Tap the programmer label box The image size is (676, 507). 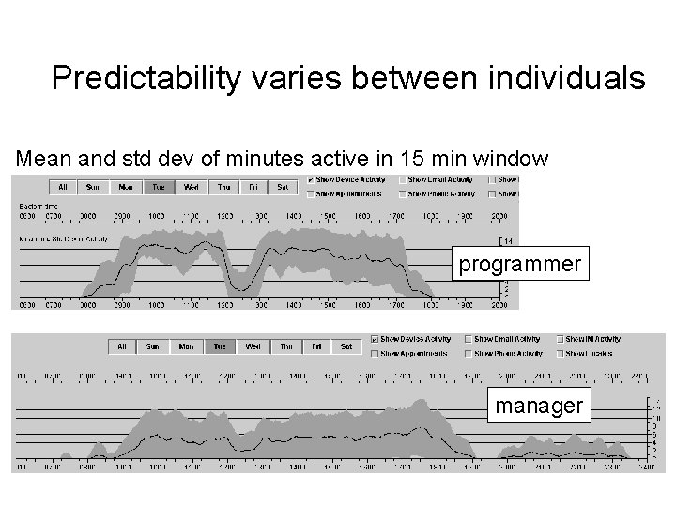click(x=519, y=265)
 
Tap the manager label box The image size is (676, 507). click(x=540, y=406)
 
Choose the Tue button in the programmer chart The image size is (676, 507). click(x=158, y=187)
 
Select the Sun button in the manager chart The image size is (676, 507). click(x=153, y=346)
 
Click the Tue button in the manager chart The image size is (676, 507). click(x=218, y=346)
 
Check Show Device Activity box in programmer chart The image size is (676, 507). click(x=311, y=179)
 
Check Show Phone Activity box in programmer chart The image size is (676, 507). click(x=403, y=194)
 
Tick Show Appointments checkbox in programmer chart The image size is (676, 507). click(x=311, y=194)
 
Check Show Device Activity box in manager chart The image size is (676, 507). click(x=376, y=339)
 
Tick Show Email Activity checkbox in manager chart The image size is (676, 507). click(x=469, y=339)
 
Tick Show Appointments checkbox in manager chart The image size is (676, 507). click(x=376, y=354)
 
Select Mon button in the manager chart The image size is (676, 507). click(x=186, y=346)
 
